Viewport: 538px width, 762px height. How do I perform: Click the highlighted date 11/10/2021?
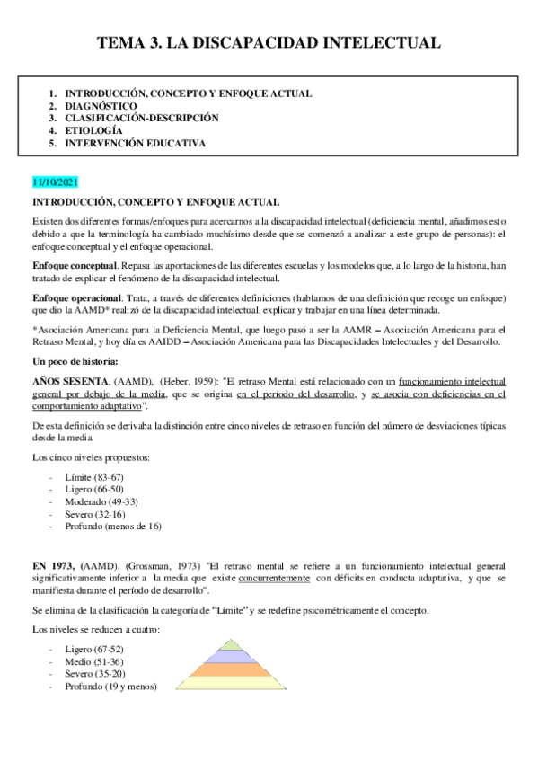pos(56,182)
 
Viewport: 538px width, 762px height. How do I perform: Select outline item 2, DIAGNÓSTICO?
pos(101,105)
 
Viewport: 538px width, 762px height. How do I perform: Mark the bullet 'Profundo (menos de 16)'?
pos(113,526)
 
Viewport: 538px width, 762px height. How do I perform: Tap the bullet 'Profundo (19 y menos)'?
pos(111,687)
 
